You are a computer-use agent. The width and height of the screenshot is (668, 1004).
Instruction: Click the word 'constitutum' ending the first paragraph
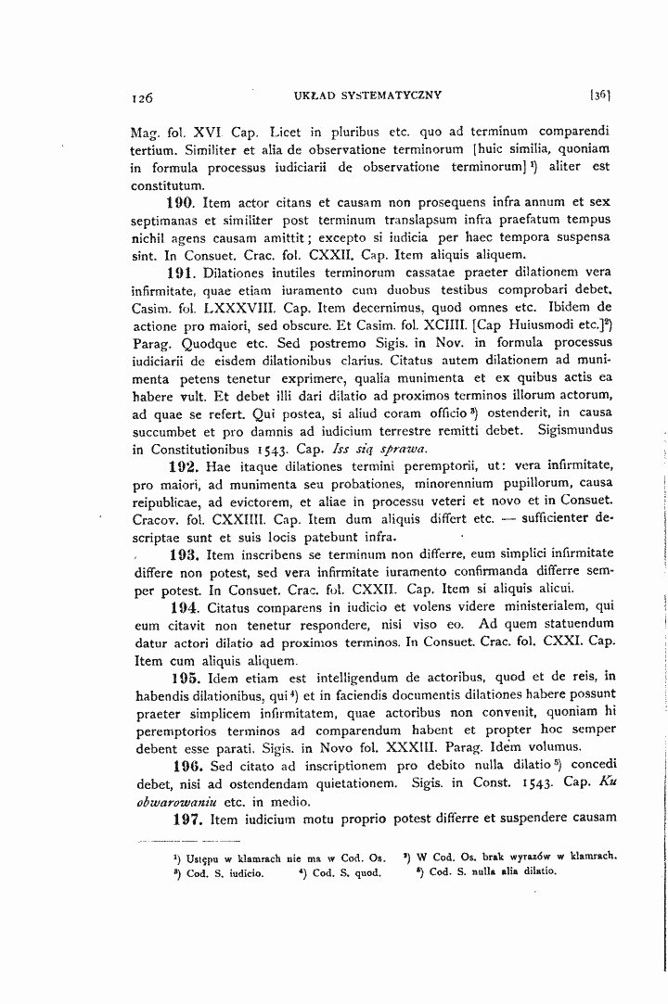click(x=164, y=184)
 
